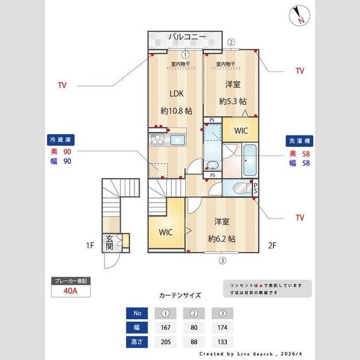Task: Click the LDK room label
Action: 176,94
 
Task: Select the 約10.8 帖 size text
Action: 176,111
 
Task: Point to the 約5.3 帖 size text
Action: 233,101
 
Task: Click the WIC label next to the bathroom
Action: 241,130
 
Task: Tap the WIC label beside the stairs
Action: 166,232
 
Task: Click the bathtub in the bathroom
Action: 250,160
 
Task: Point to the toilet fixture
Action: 241,187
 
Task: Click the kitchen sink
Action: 179,140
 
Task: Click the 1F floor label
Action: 90,245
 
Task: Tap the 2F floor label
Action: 271,245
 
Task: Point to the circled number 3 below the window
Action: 222,260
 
